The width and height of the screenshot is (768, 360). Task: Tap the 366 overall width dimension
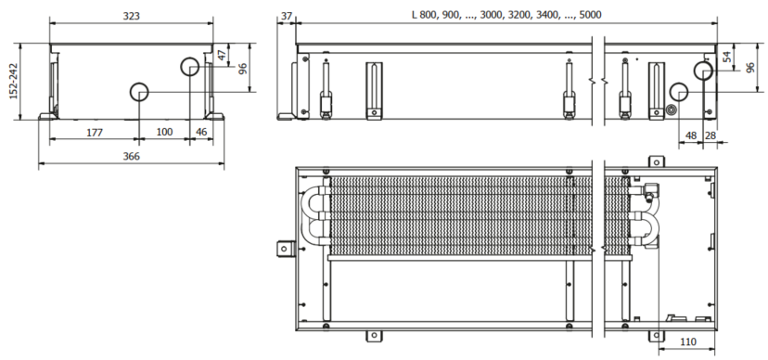[x=131, y=157]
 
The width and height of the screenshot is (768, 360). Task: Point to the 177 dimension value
[x=94, y=133]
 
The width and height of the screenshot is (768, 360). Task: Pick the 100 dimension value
[x=164, y=133]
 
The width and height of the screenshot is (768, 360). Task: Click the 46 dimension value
[x=201, y=133]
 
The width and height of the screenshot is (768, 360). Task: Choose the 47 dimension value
[x=221, y=55]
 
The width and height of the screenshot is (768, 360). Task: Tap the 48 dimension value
[x=690, y=135]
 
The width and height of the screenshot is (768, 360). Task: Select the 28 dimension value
[x=710, y=135]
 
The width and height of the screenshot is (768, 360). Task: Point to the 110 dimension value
[x=687, y=341]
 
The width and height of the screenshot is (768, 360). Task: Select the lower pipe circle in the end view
[x=139, y=92]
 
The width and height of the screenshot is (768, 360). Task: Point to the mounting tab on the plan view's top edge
[x=654, y=161]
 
